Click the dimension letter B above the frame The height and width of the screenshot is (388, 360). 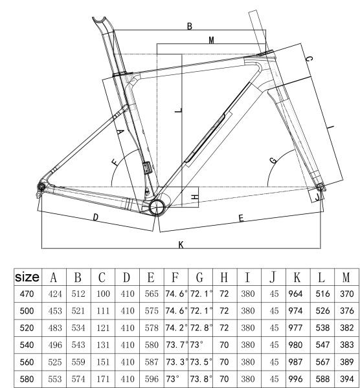(x=190, y=26)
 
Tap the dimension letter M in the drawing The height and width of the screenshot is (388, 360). (x=211, y=40)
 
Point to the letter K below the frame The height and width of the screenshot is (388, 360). (x=181, y=244)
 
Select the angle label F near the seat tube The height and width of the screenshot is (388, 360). (x=115, y=162)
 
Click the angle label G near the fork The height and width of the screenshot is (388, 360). (x=273, y=160)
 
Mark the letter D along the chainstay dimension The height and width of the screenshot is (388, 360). (x=96, y=217)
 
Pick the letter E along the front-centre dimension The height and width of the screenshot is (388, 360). (x=241, y=218)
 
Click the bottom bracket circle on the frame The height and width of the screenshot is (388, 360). (x=157, y=208)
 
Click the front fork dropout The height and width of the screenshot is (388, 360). (x=321, y=188)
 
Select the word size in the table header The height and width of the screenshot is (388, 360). (x=27, y=277)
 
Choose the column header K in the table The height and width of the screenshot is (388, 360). (x=297, y=277)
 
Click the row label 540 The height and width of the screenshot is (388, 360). (x=27, y=345)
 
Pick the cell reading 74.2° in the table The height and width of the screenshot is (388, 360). (x=176, y=328)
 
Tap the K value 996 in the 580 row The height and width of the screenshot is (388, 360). (x=295, y=379)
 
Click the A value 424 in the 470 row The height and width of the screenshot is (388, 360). (x=55, y=294)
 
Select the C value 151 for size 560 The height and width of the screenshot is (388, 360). (x=103, y=362)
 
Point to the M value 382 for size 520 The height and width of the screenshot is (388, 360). (x=346, y=328)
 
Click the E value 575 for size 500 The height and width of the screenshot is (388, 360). (x=152, y=311)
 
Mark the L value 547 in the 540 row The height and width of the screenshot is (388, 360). (x=322, y=345)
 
